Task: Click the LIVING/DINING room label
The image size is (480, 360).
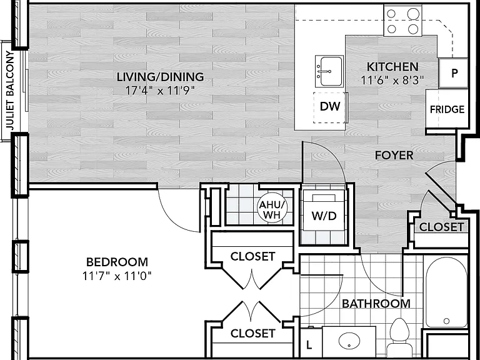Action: [x=160, y=77]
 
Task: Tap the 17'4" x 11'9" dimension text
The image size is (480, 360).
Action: [x=160, y=90]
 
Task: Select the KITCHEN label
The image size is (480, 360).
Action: [x=392, y=67]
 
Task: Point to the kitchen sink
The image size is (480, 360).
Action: [x=329, y=71]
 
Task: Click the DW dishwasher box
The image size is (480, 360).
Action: [x=331, y=107]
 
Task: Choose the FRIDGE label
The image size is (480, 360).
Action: [x=447, y=109]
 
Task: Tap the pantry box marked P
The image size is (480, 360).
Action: [x=454, y=73]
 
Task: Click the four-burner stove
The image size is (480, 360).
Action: [x=403, y=21]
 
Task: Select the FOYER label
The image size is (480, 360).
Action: [x=394, y=155]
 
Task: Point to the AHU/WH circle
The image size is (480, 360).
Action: [x=272, y=209]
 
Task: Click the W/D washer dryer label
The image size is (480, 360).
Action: [x=324, y=216]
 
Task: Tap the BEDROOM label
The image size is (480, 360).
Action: [x=117, y=262]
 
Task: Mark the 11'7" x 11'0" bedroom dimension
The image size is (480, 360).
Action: [x=117, y=276]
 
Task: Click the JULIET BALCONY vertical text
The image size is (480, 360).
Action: [x=11, y=90]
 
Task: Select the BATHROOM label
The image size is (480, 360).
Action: [x=376, y=304]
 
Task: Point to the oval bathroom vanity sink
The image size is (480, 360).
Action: [x=349, y=341]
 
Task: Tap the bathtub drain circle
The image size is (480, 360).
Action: [x=446, y=321]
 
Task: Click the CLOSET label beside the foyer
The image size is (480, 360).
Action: [x=441, y=227]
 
